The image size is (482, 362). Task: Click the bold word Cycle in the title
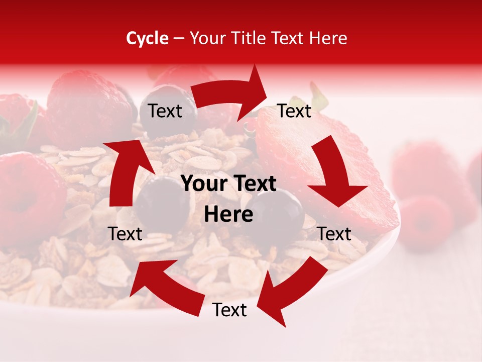pyautogui.click(x=147, y=38)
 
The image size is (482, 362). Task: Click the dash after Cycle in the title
pyautogui.click(x=179, y=39)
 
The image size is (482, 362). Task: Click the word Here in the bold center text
pyautogui.click(x=228, y=215)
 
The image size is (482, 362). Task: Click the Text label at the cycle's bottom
pyautogui.click(x=229, y=310)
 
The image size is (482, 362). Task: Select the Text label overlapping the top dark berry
pyautogui.click(x=165, y=111)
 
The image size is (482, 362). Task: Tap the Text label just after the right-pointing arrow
pyautogui.click(x=294, y=111)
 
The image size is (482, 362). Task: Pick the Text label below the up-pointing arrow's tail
pyautogui.click(x=125, y=234)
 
